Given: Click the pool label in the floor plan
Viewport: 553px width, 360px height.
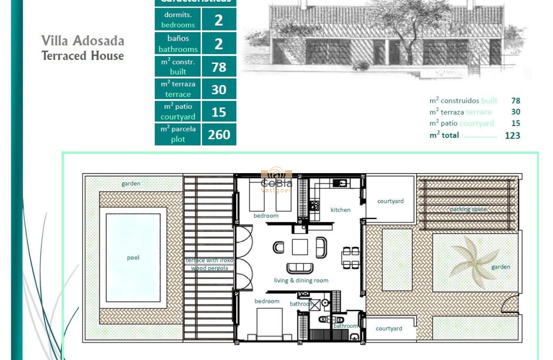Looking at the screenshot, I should tap(133, 258).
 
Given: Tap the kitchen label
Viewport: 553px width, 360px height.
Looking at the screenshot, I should tap(340, 210).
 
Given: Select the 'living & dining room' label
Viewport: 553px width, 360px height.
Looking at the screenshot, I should tap(301, 280).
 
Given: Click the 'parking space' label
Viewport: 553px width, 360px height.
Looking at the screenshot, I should tap(468, 209).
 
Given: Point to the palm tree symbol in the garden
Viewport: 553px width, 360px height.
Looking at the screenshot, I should tap(473, 261).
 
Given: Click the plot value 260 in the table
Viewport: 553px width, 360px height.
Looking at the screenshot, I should tap(219, 135).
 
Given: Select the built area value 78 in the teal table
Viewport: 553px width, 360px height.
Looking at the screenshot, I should tap(219, 67).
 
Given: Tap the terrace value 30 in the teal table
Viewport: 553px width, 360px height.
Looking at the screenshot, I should tap(219, 89).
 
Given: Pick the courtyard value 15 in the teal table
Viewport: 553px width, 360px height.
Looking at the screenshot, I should tap(219, 112).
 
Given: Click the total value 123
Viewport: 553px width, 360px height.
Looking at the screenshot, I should tap(512, 135).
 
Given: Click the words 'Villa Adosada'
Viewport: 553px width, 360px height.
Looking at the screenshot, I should tap(83, 41).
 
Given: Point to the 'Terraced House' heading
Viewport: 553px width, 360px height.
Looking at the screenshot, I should tap(83, 56).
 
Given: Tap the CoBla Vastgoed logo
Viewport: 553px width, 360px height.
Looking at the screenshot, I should tap(276, 180).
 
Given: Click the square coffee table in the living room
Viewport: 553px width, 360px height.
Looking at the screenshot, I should tap(300, 247).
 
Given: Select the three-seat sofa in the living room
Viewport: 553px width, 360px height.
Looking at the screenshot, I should tap(300, 268).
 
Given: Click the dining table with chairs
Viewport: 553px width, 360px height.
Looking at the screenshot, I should tap(350, 258).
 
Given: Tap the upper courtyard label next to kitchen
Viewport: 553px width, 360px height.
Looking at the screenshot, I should tap(390, 201).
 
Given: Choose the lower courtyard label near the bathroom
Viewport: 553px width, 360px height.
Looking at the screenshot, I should tap(389, 328).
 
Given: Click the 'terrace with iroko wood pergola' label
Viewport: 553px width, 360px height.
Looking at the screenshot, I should tap(210, 264).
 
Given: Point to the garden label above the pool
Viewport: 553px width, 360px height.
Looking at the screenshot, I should tap(131, 183).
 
